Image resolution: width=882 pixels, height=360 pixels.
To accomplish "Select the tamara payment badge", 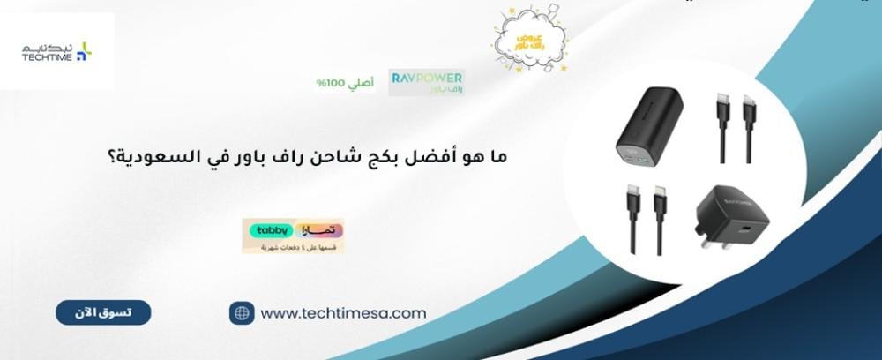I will pyautogui.click(x=318, y=229).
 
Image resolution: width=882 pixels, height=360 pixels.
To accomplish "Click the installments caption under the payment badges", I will pyautogui.click(x=293, y=247).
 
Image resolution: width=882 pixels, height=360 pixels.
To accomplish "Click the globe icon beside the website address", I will pyautogui.click(x=242, y=312).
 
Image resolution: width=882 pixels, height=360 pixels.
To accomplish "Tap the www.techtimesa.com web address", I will pyautogui.click(x=344, y=312).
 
